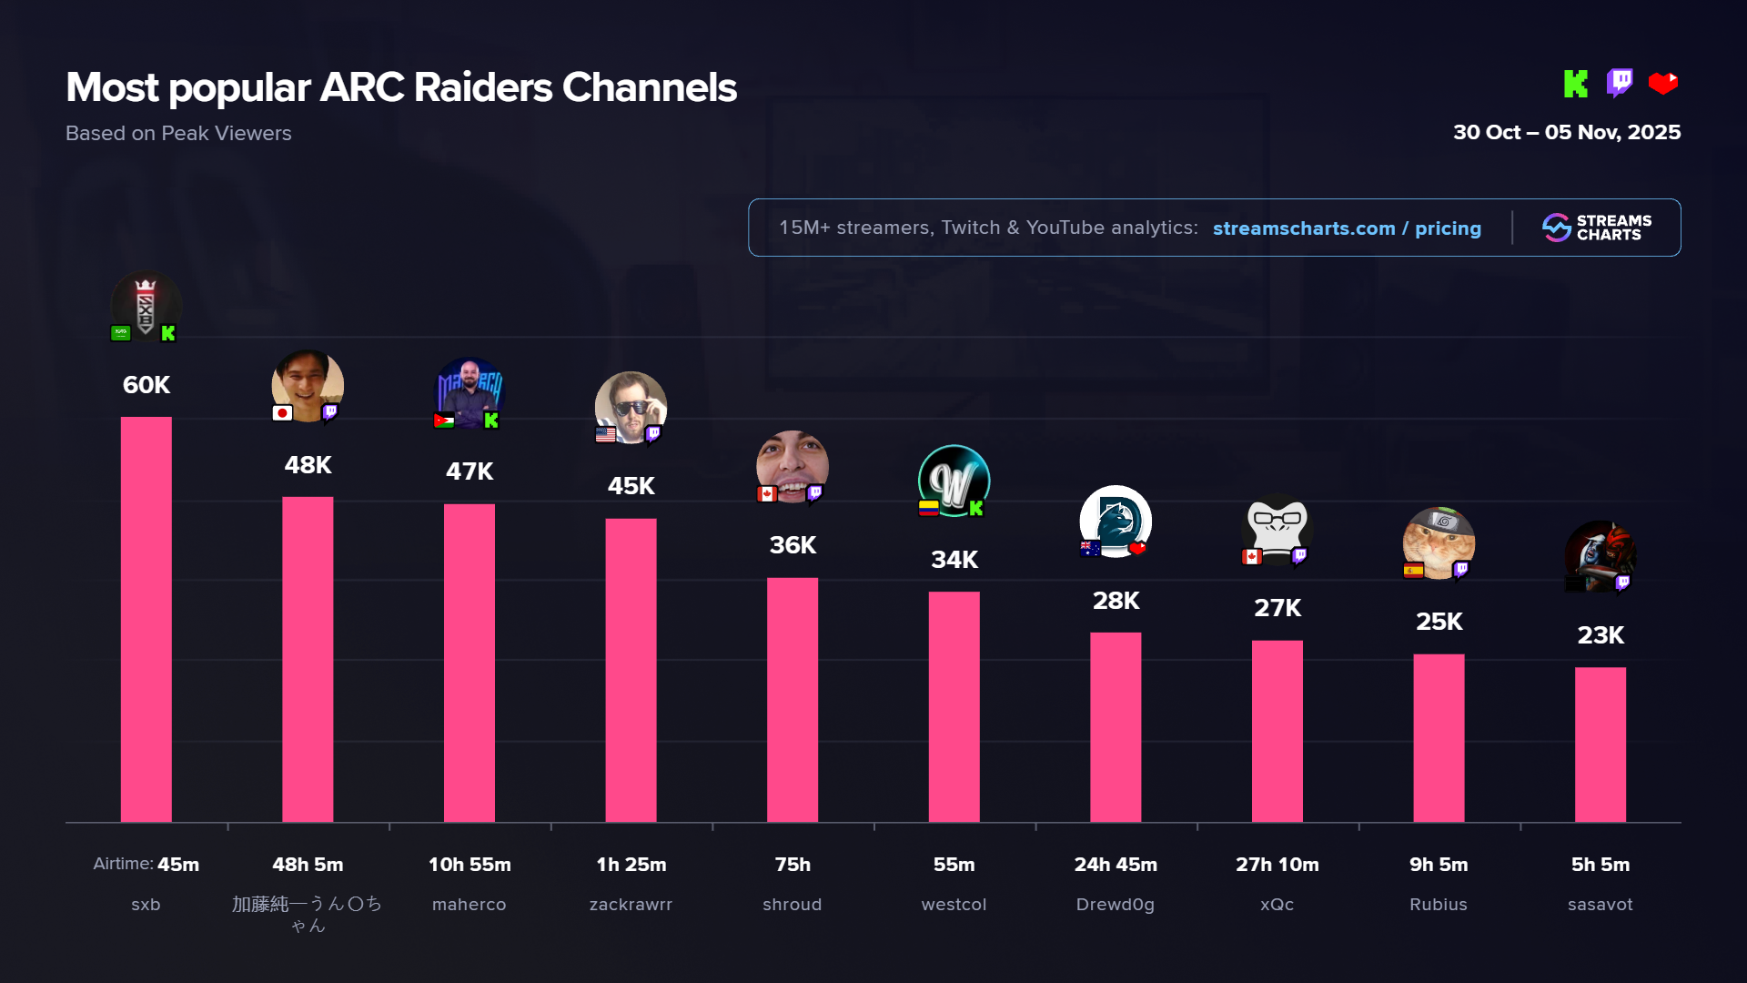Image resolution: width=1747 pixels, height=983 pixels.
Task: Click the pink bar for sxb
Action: (146, 619)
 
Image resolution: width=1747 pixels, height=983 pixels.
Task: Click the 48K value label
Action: (308, 465)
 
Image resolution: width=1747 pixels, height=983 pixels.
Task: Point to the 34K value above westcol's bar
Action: (954, 560)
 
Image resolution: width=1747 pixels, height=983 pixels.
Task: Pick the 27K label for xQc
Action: (1277, 608)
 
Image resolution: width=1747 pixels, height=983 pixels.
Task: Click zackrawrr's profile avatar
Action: (631, 406)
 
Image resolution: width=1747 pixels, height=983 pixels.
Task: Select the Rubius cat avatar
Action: (1439, 542)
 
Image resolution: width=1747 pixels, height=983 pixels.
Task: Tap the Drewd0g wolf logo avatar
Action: (1116, 521)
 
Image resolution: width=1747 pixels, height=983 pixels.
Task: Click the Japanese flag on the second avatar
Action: (282, 413)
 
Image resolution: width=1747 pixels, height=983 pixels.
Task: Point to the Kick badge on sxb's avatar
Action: (168, 333)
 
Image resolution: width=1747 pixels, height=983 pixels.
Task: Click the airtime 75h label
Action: (792, 865)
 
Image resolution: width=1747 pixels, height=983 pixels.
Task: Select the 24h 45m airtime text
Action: (1116, 865)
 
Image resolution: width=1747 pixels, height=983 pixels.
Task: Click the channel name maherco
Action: (469, 905)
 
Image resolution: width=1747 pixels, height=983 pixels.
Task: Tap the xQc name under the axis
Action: (1277, 905)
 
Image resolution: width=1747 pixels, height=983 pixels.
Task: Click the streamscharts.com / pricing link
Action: (1347, 228)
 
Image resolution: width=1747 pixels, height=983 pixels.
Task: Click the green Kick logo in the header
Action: (1575, 84)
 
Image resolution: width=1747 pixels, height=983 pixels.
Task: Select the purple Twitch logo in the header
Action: (1620, 83)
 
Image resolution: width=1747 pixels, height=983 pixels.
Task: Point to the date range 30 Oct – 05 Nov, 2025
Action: (1566, 133)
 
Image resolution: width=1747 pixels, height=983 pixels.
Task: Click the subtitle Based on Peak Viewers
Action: (178, 134)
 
